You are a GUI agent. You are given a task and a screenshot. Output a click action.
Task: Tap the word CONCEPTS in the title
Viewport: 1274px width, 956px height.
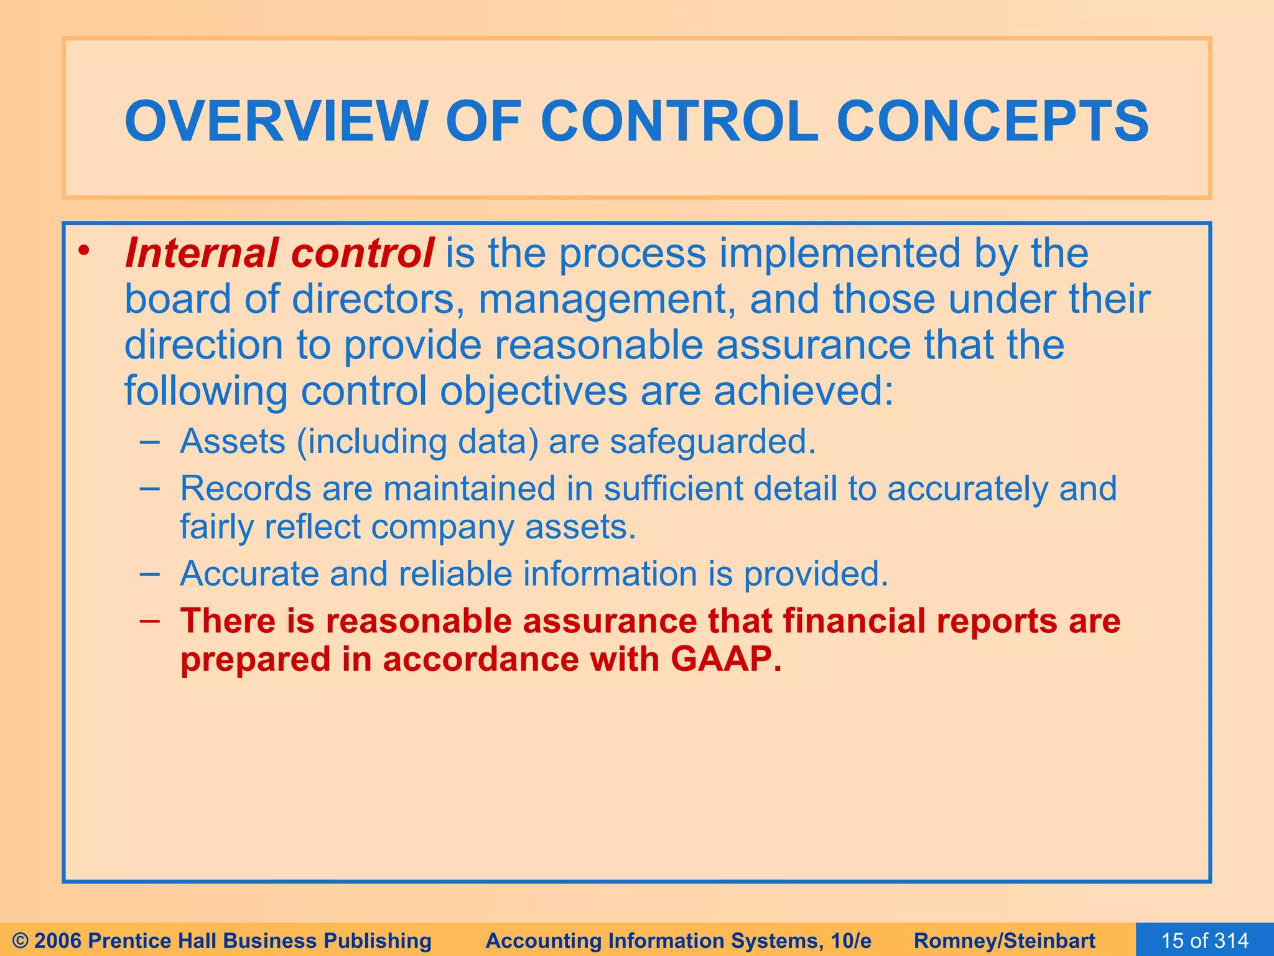[992, 121]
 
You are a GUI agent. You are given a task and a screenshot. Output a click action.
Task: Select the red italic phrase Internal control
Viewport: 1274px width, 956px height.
[279, 253]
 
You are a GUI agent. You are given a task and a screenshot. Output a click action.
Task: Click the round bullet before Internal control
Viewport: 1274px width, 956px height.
[85, 251]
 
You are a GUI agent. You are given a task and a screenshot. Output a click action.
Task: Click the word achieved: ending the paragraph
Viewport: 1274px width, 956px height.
[803, 391]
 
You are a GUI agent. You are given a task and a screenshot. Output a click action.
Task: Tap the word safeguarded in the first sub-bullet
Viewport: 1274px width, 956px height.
[712, 442]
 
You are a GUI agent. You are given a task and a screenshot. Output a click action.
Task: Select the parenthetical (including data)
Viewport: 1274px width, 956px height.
[417, 442]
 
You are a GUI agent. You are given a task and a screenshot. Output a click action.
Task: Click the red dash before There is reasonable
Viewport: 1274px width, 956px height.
[149, 621]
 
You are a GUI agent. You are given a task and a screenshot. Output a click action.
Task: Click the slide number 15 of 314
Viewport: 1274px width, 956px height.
[1204, 940]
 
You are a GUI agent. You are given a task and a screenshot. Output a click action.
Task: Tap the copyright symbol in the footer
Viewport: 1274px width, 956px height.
[20, 940]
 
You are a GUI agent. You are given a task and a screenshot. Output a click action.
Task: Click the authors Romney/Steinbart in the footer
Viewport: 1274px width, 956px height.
[1004, 940]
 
